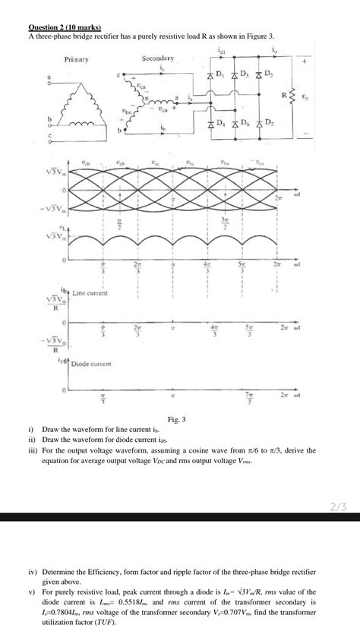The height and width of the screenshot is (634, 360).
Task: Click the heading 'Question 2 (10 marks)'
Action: click(58, 27)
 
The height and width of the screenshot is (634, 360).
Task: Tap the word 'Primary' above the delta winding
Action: click(77, 59)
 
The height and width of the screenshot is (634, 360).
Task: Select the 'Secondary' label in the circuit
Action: click(158, 58)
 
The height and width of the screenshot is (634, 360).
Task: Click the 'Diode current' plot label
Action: click(91, 364)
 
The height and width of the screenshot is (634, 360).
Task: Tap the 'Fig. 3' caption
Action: click(179, 419)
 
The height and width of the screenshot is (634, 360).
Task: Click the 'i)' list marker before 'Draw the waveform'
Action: click(32, 429)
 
